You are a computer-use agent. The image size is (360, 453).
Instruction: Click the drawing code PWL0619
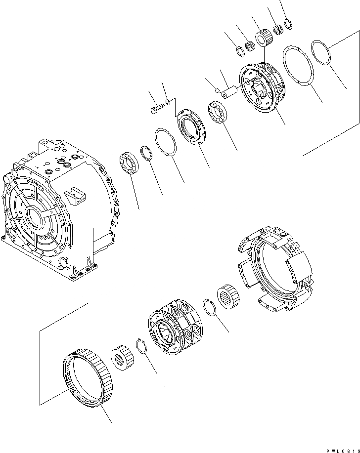click(x=343, y=451)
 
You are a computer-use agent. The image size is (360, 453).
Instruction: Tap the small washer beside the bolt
click(x=168, y=101)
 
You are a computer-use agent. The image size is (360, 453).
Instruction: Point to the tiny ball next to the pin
click(x=217, y=91)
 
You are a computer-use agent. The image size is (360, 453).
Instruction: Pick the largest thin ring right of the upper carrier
click(x=298, y=65)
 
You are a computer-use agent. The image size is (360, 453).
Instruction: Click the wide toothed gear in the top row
click(x=264, y=38)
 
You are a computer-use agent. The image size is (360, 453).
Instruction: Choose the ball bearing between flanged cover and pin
click(x=218, y=112)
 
